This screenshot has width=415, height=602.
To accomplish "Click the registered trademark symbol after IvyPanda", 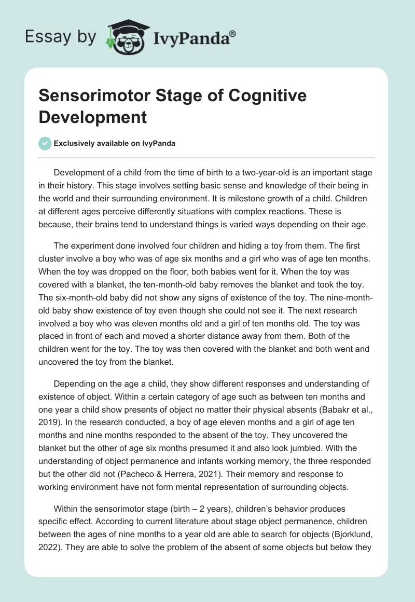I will (233, 34).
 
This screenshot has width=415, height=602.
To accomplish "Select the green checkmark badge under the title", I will (46, 143).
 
